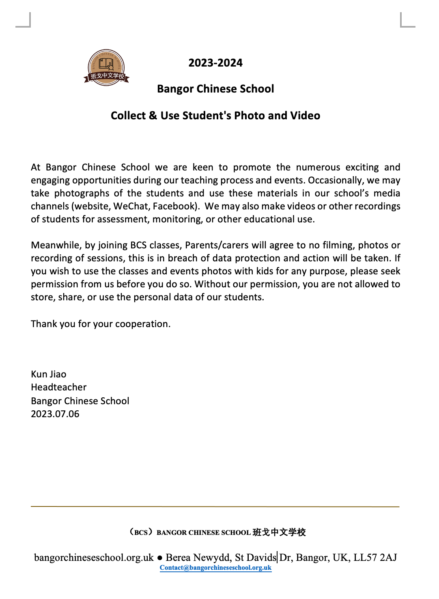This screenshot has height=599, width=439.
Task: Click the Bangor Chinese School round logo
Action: click(x=106, y=68)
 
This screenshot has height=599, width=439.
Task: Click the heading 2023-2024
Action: click(x=215, y=63)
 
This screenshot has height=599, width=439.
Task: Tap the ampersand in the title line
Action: click(x=153, y=116)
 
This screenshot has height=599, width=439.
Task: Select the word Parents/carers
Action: click(x=217, y=245)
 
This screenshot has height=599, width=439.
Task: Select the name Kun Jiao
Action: click(x=49, y=374)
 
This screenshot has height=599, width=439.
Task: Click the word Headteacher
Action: click(x=59, y=387)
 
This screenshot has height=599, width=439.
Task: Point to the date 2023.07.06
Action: click(x=55, y=414)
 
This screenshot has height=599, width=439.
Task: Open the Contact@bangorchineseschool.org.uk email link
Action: click(x=215, y=568)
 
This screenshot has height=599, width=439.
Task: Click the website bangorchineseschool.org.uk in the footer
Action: click(x=94, y=558)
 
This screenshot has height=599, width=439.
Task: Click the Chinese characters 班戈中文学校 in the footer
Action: click(x=279, y=532)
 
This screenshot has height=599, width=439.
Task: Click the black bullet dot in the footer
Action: click(x=160, y=558)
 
